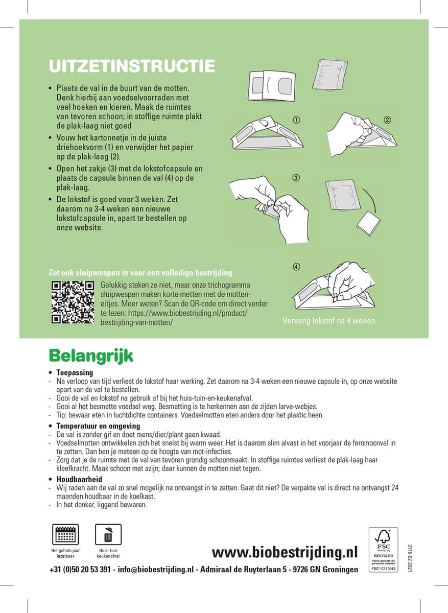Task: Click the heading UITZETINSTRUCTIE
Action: pos(131,66)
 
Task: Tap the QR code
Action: pos(74,302)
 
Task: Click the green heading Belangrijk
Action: pos(90,356)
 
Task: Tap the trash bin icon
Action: pos(108,535)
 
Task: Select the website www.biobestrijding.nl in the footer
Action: pos(285,552)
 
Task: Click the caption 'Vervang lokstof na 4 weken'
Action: pos(328,321)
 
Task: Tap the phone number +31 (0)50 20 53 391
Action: pos(80,570)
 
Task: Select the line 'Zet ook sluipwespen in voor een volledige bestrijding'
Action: pos(140,272)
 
